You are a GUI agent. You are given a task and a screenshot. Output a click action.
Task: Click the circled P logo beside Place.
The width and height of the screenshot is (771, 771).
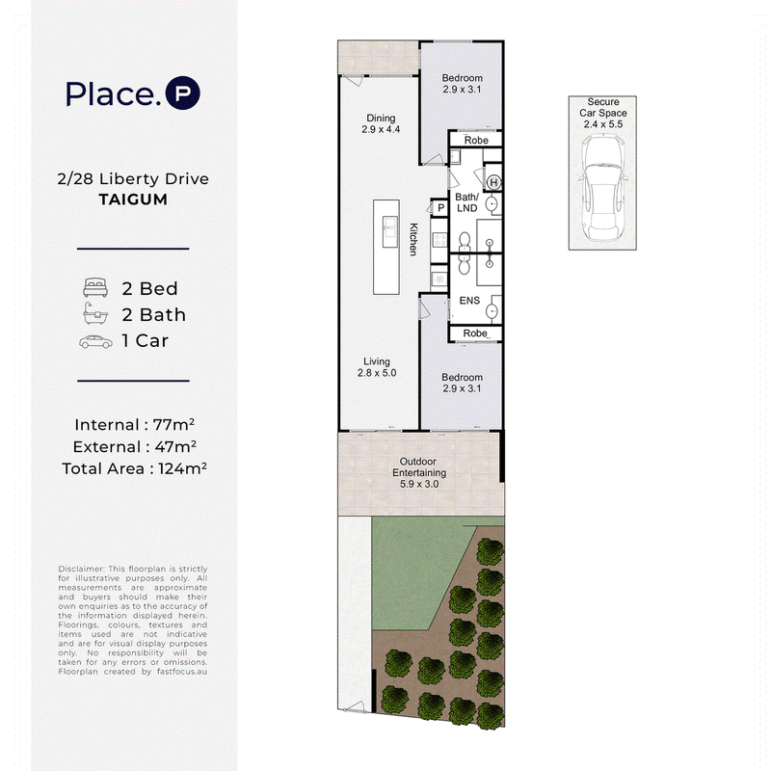(x=182, y=93)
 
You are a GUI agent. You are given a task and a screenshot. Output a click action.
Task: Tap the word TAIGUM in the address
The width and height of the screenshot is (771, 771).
(x=133, y=199)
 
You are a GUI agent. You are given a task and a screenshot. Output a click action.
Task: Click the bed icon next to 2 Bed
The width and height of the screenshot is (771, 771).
(x=95, y=287)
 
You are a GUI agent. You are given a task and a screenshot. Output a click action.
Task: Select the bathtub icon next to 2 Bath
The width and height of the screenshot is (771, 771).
(x=95, y=313)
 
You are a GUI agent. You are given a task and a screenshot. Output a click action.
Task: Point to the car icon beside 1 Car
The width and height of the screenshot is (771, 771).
(x=95, y=341)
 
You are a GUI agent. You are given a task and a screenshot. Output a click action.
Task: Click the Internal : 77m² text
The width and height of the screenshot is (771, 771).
(x=134, y=424)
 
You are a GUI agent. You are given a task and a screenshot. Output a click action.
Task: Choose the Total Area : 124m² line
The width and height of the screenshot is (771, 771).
(x=134, y=468)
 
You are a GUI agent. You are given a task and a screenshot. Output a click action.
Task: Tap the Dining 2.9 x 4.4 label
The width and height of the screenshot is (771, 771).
(x=381, y=123)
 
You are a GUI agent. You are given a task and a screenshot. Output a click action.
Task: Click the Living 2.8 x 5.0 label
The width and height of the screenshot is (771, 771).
(x=377, y=367)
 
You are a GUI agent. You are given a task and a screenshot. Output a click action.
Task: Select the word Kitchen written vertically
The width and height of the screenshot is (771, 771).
(x=413, y=239)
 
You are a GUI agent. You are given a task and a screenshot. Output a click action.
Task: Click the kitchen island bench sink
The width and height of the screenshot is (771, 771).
(x=390, y=231)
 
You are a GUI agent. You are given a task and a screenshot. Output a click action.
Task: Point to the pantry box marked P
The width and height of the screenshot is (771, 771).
(x=440, y=208)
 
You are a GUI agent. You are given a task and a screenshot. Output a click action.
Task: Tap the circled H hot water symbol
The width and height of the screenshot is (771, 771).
(x=493, y=183)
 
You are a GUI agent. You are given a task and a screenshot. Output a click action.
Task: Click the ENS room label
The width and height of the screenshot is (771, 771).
(x=469, y=301)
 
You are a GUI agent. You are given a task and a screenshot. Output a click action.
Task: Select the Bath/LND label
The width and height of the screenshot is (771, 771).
(x=466, y=202)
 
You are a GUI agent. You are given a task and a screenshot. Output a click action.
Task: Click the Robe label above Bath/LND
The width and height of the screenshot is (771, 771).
(x=476, y=140)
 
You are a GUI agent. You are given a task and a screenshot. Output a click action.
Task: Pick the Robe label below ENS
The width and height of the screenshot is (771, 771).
(x=475, y=333)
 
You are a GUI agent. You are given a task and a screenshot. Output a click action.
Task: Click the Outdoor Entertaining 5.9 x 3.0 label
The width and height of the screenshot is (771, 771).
(x=418, y=472)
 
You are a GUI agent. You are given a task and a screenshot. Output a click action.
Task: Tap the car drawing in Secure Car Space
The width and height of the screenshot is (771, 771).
(x=602, y=187)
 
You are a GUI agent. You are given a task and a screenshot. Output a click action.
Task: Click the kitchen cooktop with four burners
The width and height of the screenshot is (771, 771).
(x=439, y=240)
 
